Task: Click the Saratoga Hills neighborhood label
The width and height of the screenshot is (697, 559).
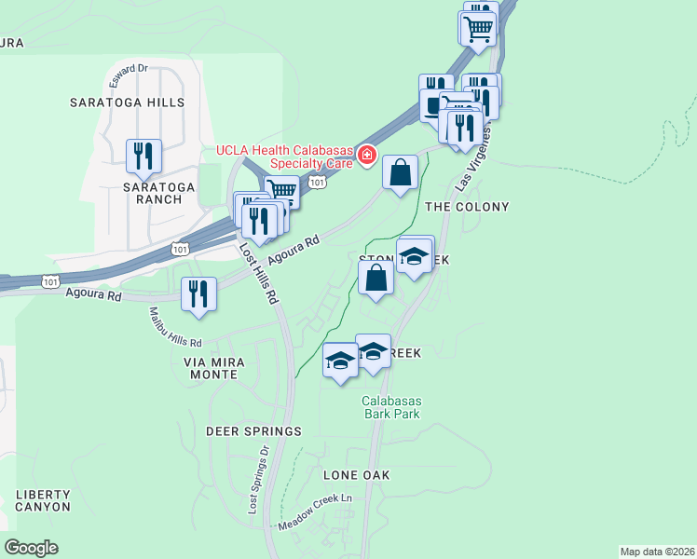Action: [x=127, y=102]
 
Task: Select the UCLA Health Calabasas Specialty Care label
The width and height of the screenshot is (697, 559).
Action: [x=284, y=157]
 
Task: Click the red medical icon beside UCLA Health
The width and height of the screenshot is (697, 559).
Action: [x=367, y=155]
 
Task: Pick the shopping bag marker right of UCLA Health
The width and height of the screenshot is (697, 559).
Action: [x=400, y=172]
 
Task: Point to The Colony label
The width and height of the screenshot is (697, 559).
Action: [x=467, y=206]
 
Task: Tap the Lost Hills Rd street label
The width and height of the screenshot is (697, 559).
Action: [x=258, y=276]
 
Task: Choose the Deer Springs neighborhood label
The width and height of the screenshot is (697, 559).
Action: [x=254, y=431]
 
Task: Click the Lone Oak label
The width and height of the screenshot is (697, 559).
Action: [x=356, y=475]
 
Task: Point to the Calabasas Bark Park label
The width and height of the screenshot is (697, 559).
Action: [x=391, y=407]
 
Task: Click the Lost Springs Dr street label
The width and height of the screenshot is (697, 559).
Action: [x=258, y=479]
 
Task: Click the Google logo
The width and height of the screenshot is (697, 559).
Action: [x=31, y=548]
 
